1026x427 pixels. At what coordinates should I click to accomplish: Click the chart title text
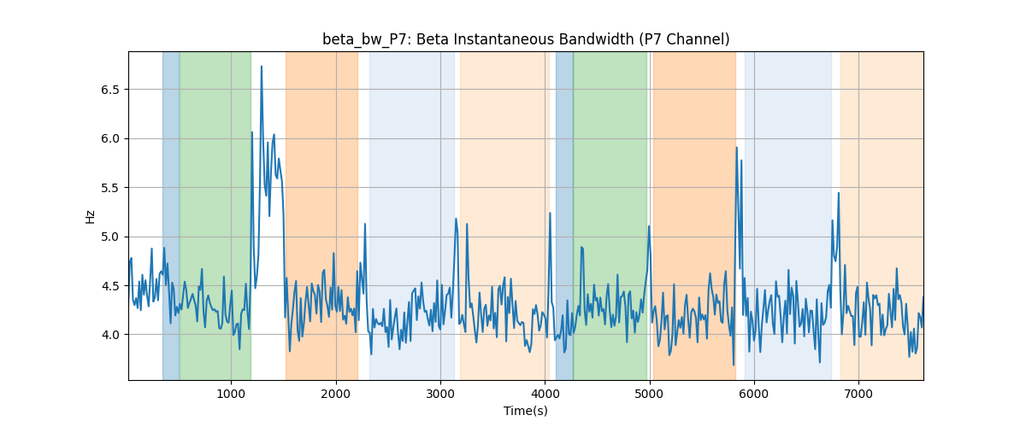526,39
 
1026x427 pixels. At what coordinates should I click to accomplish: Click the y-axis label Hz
90,217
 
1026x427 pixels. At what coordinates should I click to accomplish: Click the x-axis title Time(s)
526,411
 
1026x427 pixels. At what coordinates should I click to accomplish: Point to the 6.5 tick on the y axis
110,90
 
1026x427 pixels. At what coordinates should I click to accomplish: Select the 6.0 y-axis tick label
110,138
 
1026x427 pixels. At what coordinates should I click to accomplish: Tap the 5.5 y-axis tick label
110,188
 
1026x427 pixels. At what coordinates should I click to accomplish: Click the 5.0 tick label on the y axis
110,237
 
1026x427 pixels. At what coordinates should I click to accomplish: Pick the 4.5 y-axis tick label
110,286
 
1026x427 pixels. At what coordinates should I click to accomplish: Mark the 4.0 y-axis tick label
110,335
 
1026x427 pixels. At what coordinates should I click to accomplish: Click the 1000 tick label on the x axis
231,394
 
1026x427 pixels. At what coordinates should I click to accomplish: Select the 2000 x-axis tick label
336,394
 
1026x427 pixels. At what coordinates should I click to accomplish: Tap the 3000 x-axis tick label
440,394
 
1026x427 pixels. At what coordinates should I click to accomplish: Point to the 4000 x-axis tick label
545,394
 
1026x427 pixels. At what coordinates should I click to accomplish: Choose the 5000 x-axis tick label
650,394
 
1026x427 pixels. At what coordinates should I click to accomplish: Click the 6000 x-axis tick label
754,394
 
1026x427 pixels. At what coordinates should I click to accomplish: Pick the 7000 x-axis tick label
858,394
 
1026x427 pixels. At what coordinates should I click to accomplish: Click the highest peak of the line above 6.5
262,67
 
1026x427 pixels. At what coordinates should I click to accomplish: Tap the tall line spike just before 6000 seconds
736,148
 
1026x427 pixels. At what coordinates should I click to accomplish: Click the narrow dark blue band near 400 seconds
171,215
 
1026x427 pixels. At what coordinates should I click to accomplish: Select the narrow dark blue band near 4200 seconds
564,215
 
